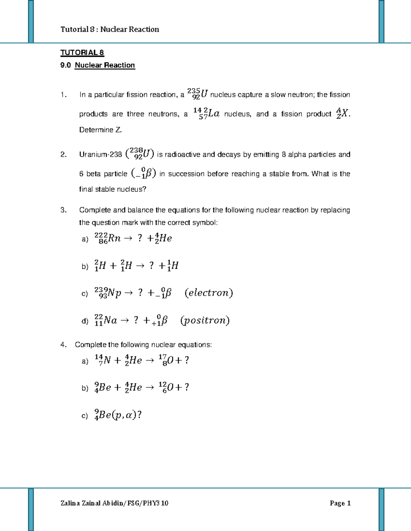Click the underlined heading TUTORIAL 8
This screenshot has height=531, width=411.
tap(82, 53)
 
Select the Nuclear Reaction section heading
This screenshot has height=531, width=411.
tap(105, 65)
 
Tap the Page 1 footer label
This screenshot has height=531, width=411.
tap(340, 503)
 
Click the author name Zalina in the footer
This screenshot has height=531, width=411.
tap(70, 503)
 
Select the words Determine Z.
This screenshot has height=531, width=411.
tap(100, 130)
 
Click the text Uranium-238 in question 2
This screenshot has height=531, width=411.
tap(100, 155)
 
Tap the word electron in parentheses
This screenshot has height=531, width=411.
tap(209, 293)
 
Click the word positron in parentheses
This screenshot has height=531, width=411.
tap(205, 320)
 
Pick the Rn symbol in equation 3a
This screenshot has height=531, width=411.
tap(114, 238)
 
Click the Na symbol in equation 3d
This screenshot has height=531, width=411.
tap(110, 320)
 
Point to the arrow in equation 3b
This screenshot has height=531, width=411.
tap(140, 266)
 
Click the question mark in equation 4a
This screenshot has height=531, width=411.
tap(186, 360)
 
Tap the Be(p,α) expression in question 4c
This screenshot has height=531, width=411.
tap(118, 415)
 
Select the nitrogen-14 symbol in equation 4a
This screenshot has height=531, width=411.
tap(103, 360)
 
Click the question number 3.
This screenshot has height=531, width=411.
tap(63, 210)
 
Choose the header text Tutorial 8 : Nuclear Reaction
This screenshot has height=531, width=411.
tap(110, 29)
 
